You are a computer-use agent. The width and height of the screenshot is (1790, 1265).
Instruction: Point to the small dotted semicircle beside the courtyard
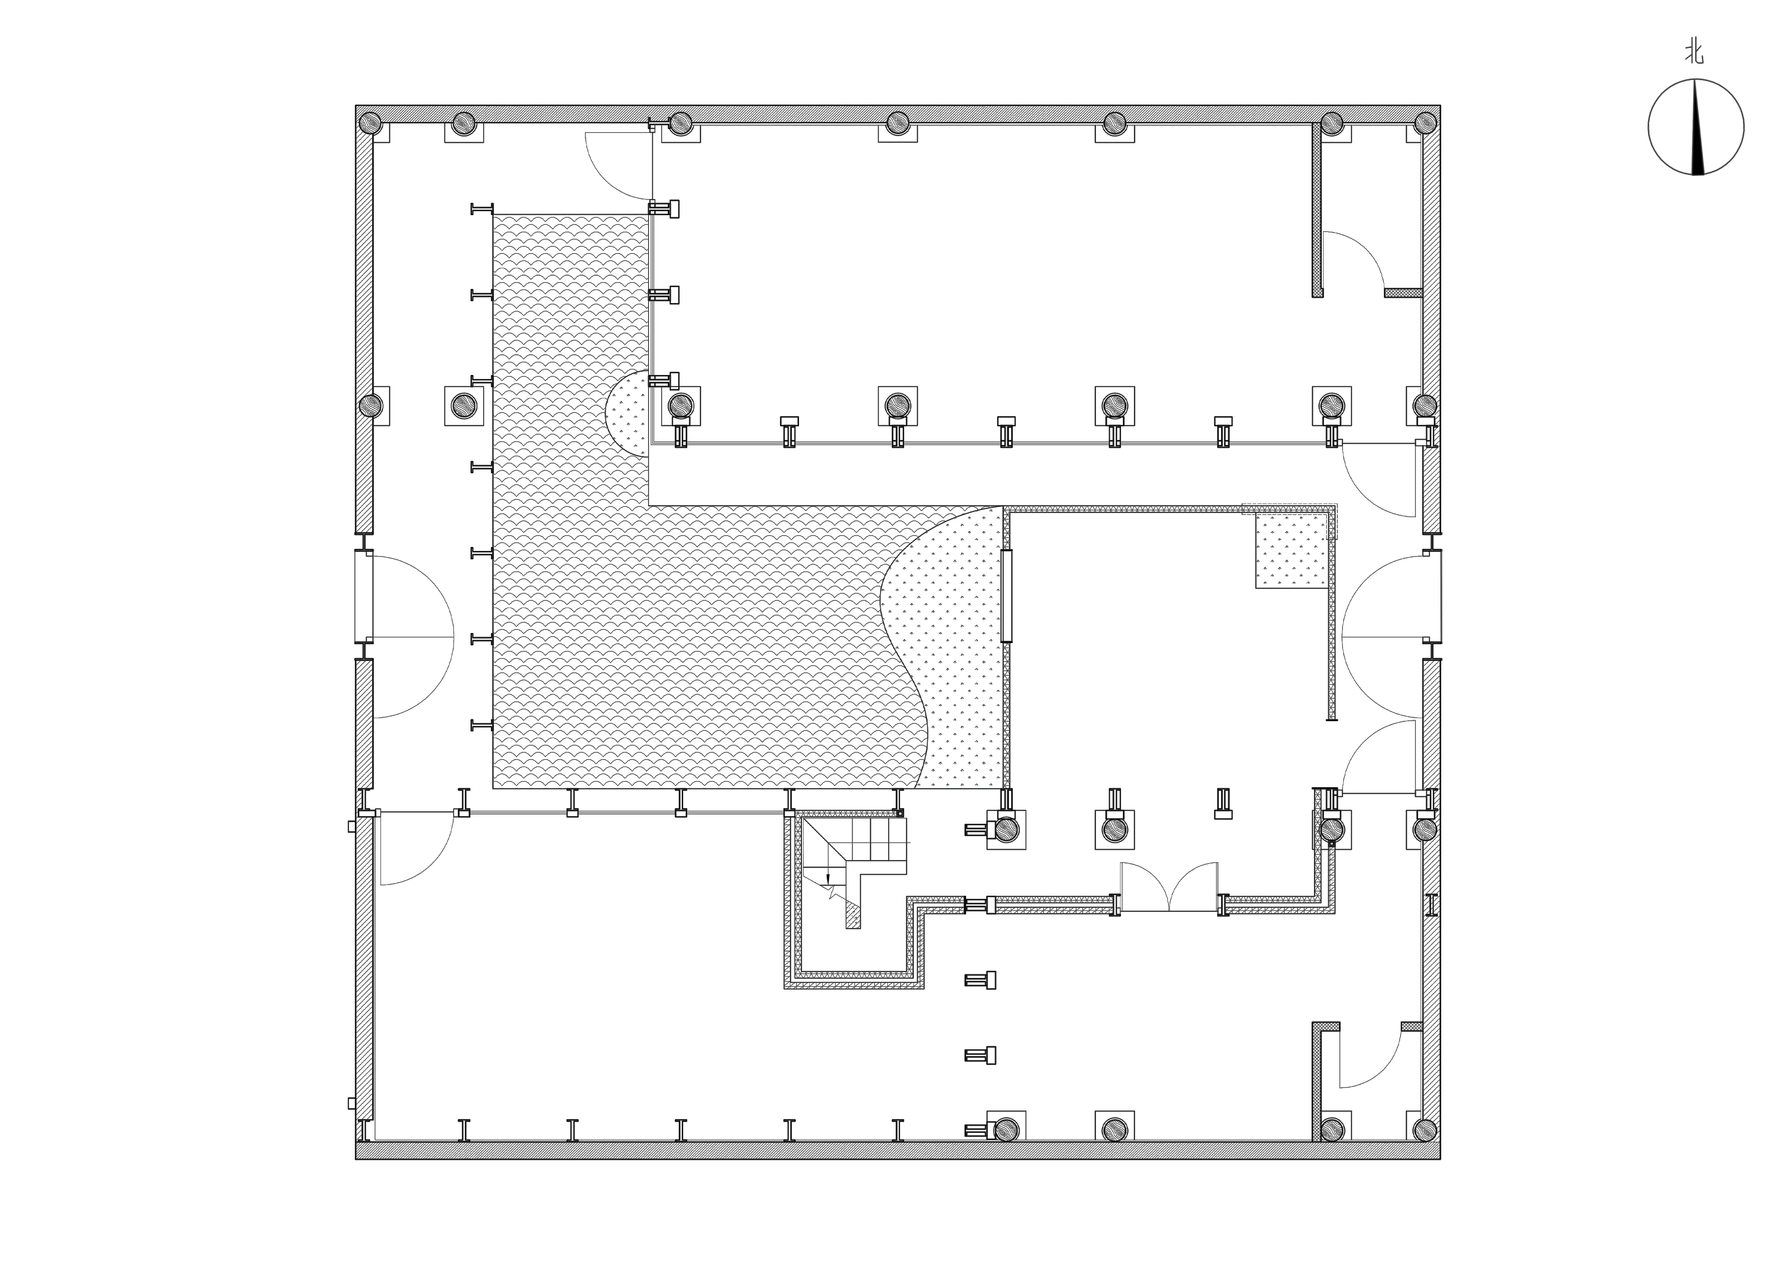pos(628,414)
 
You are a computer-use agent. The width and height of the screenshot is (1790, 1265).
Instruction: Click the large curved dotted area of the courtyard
pos(943,647)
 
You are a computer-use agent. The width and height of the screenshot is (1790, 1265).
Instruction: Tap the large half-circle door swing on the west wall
pos(413,637)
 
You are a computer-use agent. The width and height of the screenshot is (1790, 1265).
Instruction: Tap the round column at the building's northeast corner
pos(1425,123)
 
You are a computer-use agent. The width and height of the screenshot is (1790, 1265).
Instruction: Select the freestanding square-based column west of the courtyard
pos(464,406)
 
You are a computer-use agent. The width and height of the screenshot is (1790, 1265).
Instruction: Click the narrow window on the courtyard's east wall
pos(1006,596)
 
